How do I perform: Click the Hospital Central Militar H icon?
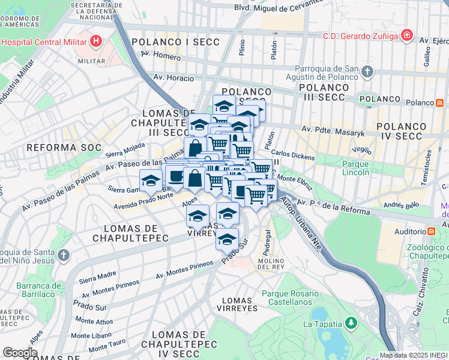tap(95, 41)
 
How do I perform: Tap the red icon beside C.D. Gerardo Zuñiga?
tap(408, 35)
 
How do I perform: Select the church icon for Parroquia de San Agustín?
tap(367, 73)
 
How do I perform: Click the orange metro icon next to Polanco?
tap(440, 103)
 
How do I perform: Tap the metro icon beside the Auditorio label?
tap(431, 231)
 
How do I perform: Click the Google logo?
tap(20, 353)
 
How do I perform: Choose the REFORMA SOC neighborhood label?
tap(53, 147)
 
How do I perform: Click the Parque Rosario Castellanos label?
tap(295, 299)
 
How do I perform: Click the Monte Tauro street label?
tap(107, 347)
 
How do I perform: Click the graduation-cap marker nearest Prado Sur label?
tap(227, 239)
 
